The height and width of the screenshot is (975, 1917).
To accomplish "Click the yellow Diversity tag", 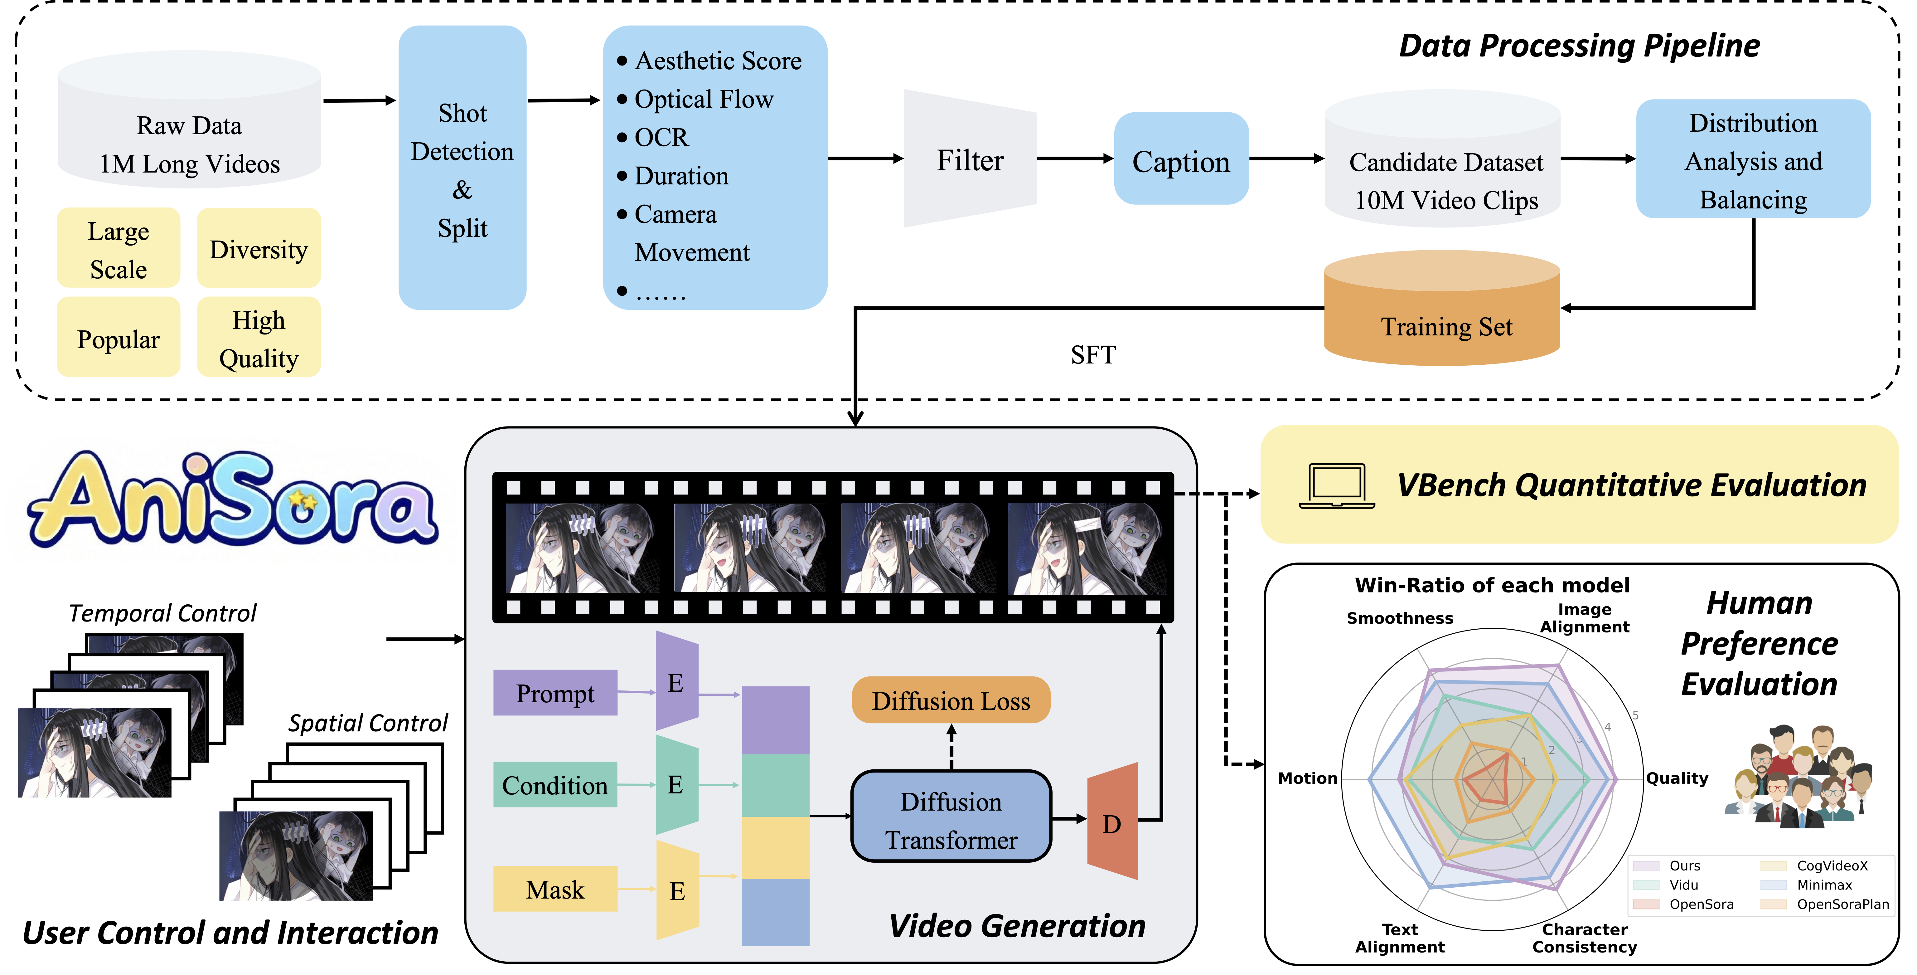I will tap(258, 249).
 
